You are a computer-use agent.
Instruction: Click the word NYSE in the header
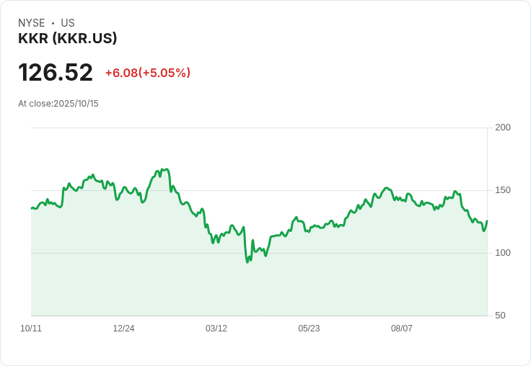coord(32,23)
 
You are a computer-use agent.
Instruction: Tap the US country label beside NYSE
coord(68,23)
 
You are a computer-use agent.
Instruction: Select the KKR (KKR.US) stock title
coord(68,38)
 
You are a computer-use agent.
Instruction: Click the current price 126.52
coord(56,72)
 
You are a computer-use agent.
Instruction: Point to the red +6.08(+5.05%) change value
coord(148,73)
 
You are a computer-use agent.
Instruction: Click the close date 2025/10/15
coord(76,104)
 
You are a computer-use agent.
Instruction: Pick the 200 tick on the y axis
coord(503,128)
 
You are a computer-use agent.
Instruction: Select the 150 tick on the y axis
coord(503,190)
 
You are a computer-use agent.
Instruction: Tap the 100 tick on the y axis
coord(503,253)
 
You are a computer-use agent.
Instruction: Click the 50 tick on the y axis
coord(500,316)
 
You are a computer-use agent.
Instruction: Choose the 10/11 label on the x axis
coord(31,329)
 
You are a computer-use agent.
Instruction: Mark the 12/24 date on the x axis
coord(123,329)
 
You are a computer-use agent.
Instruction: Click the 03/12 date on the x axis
coord(216,329)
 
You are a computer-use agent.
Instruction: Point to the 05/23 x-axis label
coord(309,329)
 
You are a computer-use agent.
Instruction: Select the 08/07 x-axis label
coord(402,329)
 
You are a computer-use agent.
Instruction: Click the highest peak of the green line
coord(167,169)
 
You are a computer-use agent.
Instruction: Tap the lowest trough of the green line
coord(247,262)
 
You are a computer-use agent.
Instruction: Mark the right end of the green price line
coord(487,220)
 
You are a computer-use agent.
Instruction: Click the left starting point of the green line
coord(32,208)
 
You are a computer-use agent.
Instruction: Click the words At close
coord(35,104)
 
